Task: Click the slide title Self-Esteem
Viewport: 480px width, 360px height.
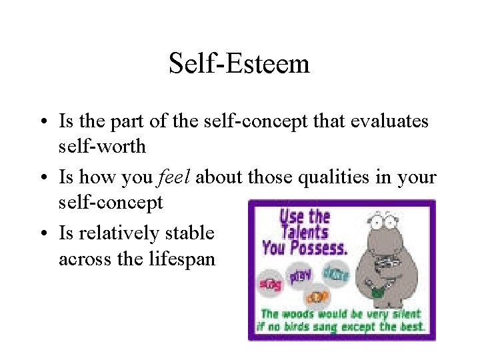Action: (239, 65)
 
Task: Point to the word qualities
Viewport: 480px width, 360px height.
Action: (327, 178)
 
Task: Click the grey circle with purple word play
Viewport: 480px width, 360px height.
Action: (299, 275)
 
